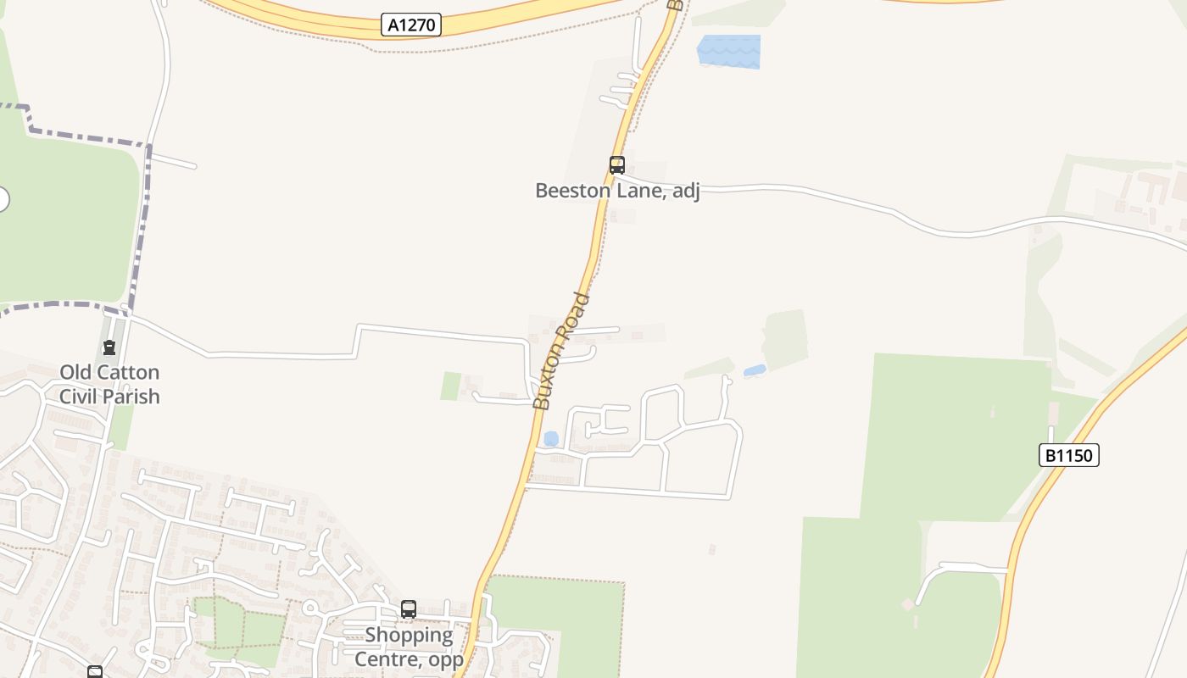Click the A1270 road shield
(x=411, y=25)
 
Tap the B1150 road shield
(x=1068, y=455)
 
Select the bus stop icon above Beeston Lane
(x=617, y=165)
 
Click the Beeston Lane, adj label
(x=617, y=191)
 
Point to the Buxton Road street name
(x=560, y=351)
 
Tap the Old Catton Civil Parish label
(x=109, y=384)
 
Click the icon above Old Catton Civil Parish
(x=109, y=347)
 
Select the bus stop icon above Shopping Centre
(x=409, y=609)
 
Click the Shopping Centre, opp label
(x=409, y=647)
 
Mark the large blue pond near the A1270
(x=728, y=51)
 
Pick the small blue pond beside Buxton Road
(x=551, y=439)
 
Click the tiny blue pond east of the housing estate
(x=754, y=370)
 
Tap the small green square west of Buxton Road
(x=450, y=386)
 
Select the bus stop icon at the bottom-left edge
(x=95, y=672)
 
